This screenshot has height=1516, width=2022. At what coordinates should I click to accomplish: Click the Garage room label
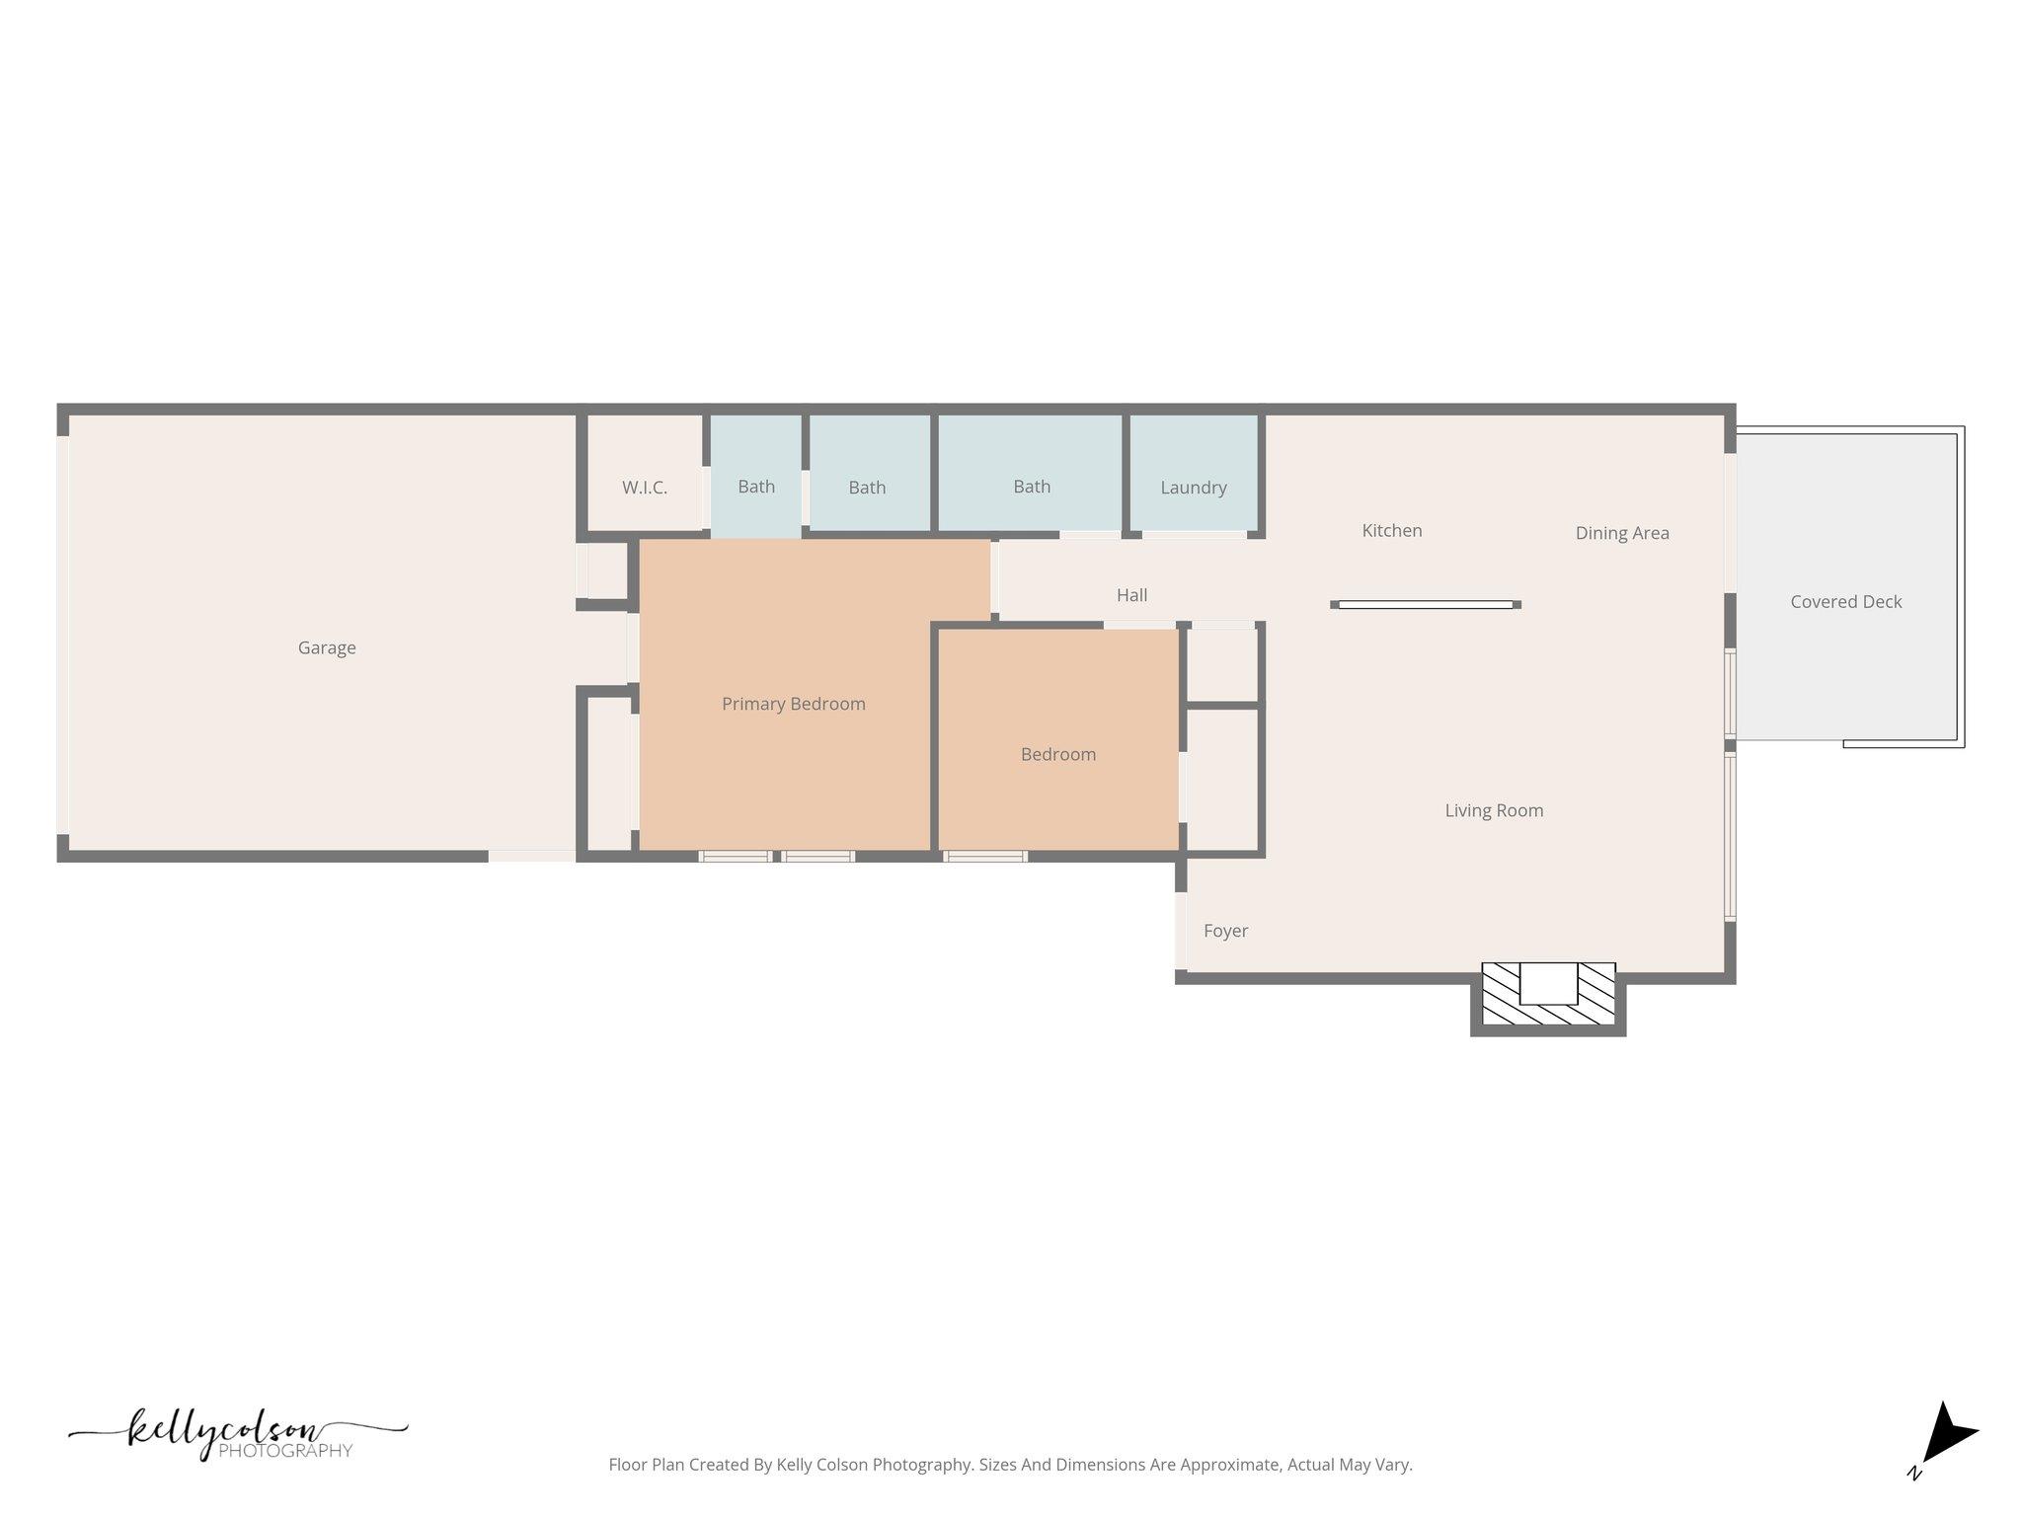327,648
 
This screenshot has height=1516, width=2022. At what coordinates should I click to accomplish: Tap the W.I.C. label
645,488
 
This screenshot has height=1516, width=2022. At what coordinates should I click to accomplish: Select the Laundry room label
1193,488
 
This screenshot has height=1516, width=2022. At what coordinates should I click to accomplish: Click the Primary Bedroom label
793,704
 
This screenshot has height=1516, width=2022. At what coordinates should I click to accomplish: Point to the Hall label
1131,595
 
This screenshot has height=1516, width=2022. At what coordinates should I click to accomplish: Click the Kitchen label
1391,531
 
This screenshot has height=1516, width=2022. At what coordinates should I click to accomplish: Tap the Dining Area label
1621,533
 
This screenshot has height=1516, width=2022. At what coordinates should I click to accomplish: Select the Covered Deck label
1845,602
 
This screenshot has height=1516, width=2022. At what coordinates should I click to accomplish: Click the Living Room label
1493,810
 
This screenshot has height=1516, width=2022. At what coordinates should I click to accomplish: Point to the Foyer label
1225,931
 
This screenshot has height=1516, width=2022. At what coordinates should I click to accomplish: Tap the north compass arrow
1946,1435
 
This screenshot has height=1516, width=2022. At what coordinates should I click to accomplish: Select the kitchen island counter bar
1425,604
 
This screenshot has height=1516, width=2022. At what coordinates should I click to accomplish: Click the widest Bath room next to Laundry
1031,487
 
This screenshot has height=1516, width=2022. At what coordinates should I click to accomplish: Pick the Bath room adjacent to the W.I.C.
756,487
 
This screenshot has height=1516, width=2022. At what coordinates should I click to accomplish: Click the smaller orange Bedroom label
1057,754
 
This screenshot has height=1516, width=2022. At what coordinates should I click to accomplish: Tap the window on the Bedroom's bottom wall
985,856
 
